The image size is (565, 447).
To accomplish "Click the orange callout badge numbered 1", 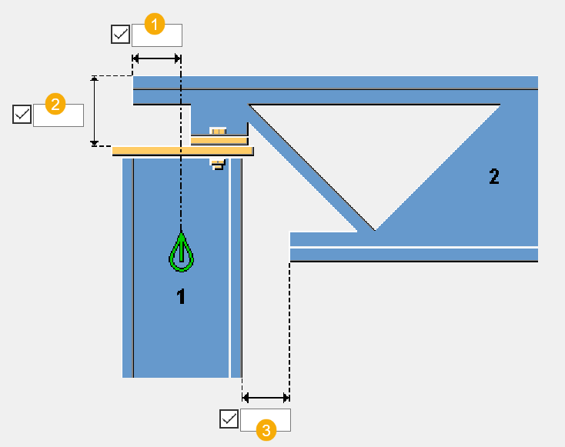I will coord(155,25).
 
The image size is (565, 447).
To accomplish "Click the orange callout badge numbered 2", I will coord(54,103).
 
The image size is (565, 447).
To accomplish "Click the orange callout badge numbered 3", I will coord(266,430).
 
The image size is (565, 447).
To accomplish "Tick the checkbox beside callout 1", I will coord(121,35).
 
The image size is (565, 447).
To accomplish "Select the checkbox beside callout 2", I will coord(22,115).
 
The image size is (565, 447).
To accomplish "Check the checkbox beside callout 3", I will coord(229,419).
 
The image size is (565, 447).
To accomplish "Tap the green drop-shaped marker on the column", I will coord(181,253).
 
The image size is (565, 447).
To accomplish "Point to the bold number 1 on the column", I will coord(181,297).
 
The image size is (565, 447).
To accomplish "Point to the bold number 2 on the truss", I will coord(494,177).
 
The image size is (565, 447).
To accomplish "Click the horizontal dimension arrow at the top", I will coord(157,58).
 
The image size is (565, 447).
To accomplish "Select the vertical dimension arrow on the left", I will coord(95,111).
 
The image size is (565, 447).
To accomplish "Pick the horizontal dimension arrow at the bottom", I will coord(266,398).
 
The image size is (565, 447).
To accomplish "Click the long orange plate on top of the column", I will coord(183,152).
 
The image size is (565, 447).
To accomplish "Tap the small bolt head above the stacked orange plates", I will coord(218,132).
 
